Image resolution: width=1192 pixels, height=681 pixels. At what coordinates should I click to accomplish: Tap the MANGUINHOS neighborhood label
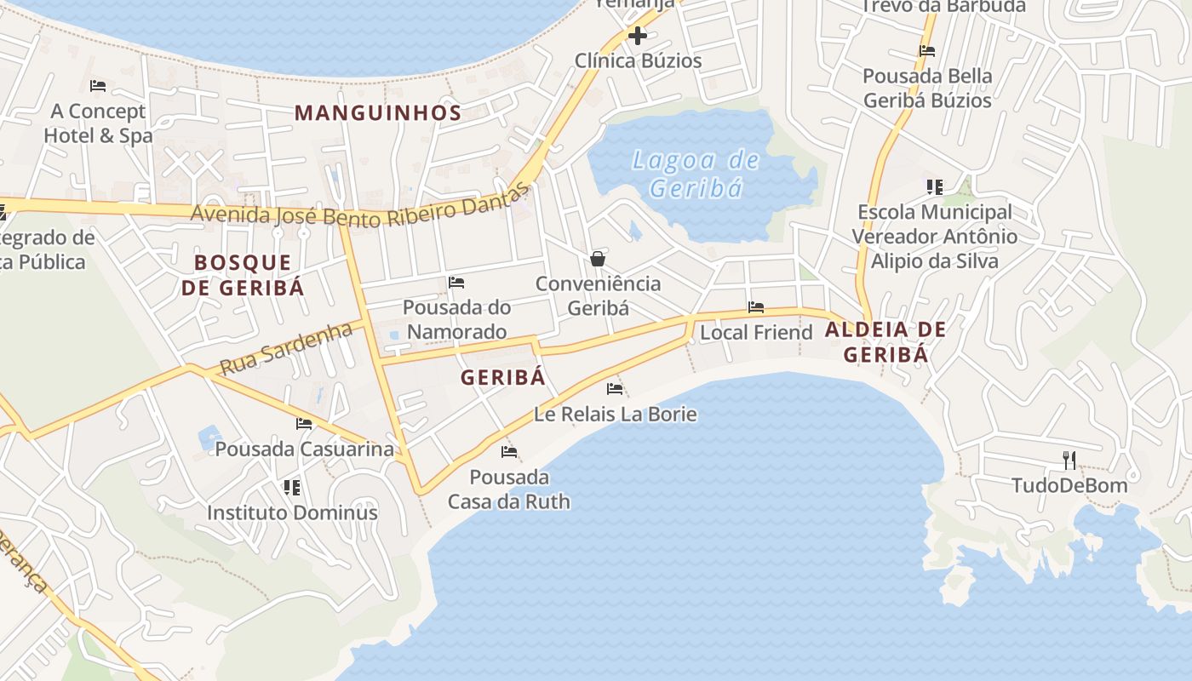[x=378, y=112]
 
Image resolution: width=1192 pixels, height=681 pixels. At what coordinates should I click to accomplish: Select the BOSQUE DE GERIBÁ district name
[x=243, y=274]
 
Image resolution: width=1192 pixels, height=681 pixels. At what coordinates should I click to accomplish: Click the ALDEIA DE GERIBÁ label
[x=885, y=342]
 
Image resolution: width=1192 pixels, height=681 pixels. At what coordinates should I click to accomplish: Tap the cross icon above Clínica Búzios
[x=637, y=36]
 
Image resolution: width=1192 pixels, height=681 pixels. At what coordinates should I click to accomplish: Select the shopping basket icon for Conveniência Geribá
[x=598, y=259]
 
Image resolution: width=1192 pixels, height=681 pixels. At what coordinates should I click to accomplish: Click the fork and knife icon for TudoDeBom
[x=1069, y=461]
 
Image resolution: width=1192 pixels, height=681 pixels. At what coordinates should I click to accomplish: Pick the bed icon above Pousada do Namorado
[x=456, y=283]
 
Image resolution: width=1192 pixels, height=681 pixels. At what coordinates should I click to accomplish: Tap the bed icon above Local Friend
[x=756, y=307]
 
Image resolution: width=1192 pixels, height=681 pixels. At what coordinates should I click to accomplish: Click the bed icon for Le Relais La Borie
[x=615, y=389]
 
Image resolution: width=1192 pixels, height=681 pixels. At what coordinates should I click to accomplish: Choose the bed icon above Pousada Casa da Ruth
[x=509, y=452]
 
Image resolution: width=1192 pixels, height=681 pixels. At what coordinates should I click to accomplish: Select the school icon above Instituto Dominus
[x=292, y=488]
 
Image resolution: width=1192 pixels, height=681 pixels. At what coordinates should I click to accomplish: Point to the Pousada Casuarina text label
[x=305, y=449]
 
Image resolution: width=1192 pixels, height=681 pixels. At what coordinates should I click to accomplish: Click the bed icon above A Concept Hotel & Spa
[x=98, y=86]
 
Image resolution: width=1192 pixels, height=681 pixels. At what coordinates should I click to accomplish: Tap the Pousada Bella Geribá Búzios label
[x=927, y=88]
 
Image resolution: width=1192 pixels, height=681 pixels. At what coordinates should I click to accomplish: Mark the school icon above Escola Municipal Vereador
[x=935, y=187]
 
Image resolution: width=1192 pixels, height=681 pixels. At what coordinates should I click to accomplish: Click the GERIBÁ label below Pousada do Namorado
[x=502, y=378]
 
